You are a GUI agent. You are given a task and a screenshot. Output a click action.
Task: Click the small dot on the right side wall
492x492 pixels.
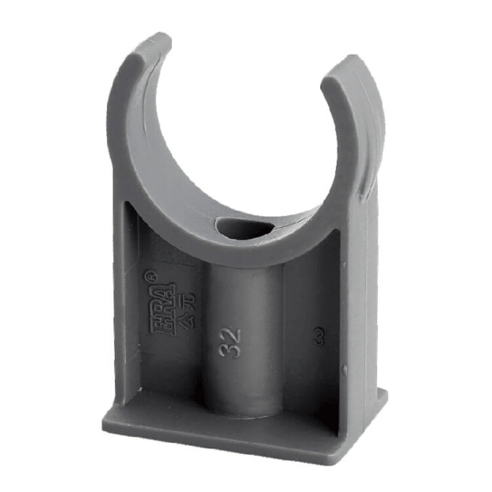pyautogui.click(x=344, y=372)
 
